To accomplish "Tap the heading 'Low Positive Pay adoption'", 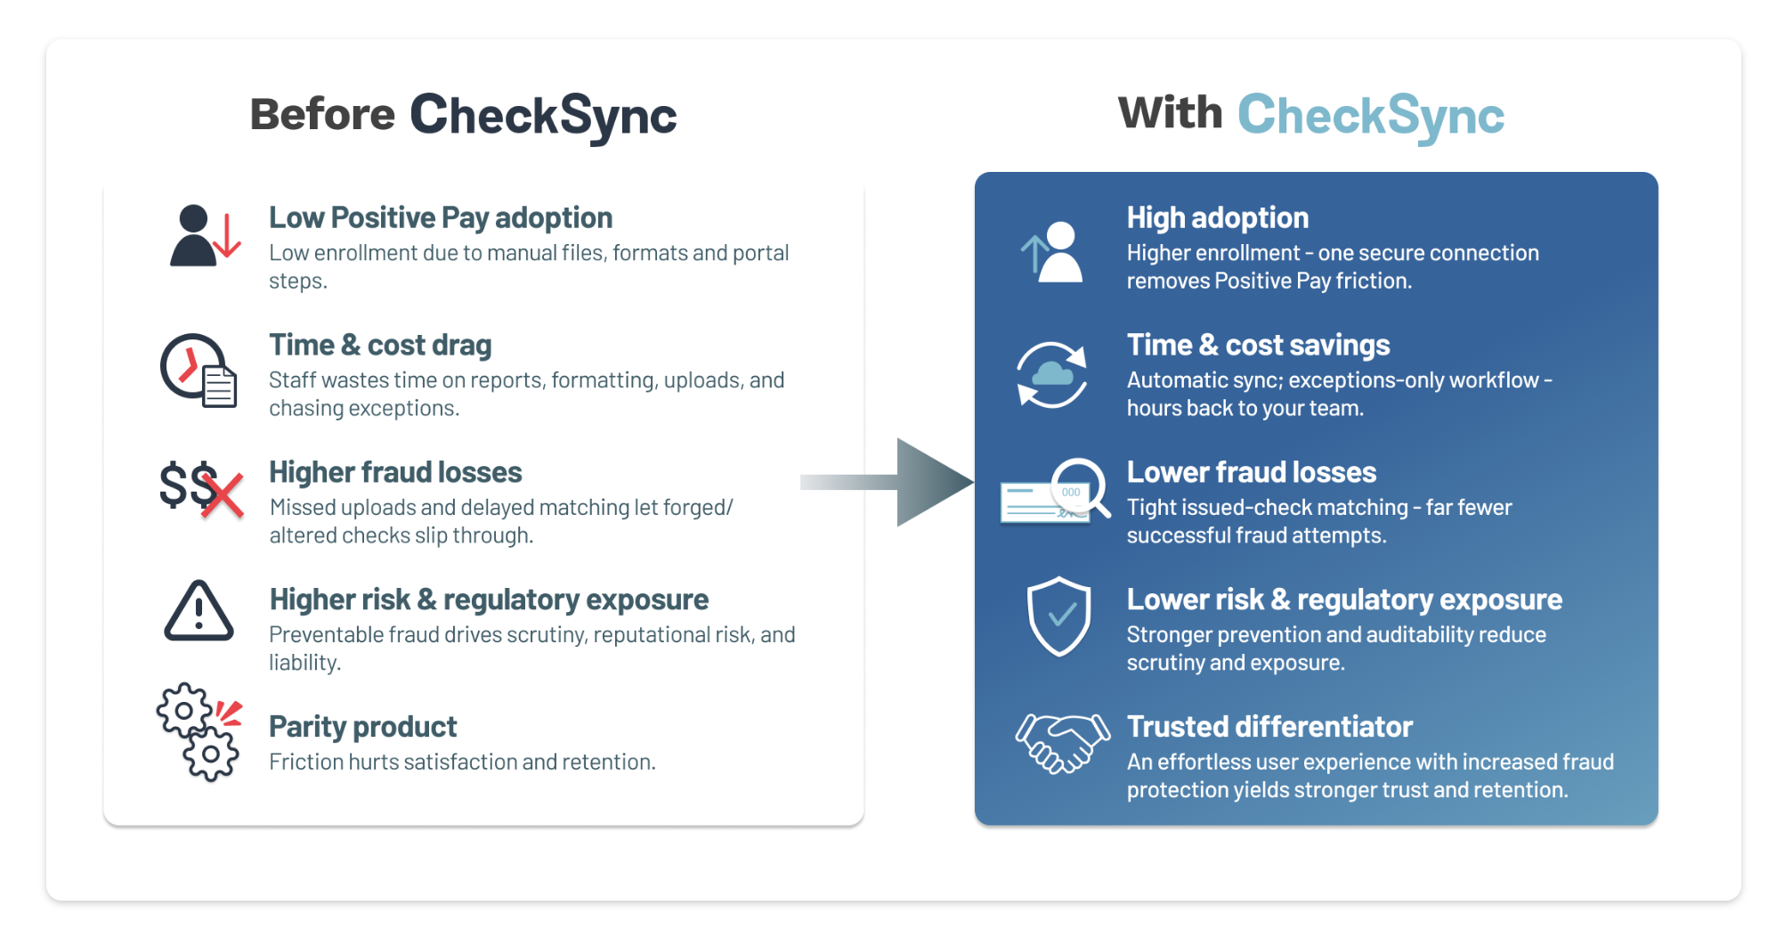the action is tap(441, 218).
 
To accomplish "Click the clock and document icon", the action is tap(199, 371).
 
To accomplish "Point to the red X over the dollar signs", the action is tap(223, 494).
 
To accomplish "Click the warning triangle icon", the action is tap(199, 611).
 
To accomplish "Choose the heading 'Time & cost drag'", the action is tap(380, 346).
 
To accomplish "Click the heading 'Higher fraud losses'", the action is tap(395, 472).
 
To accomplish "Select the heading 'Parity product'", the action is tap(363, 727).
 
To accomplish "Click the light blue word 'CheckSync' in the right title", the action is tap(1371, 116).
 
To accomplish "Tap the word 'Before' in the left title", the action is tap(322, 115).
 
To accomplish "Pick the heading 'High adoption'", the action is tap(1218, 218).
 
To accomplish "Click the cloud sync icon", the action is tap(1051, 375).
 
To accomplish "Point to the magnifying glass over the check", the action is tap(1082, 487).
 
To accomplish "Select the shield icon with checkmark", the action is tap(1058, 616).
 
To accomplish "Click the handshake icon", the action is tap(1063, 742).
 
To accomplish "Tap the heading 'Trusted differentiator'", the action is tap(1269, 727).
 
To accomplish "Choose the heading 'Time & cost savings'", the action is tap(1258, 346).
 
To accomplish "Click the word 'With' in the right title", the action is tap(1171, 113).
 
